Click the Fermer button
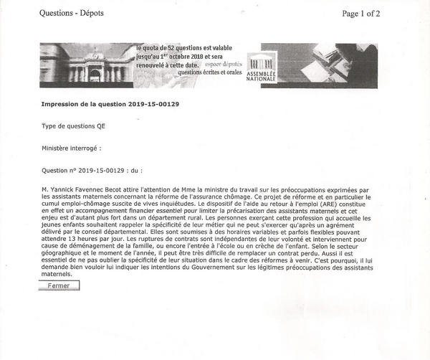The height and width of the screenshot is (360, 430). point(59,285)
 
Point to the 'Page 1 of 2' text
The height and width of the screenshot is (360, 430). point(371,13)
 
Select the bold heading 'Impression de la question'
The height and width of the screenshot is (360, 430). point(115,104)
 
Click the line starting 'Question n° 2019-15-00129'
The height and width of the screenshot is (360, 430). point(92,171)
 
